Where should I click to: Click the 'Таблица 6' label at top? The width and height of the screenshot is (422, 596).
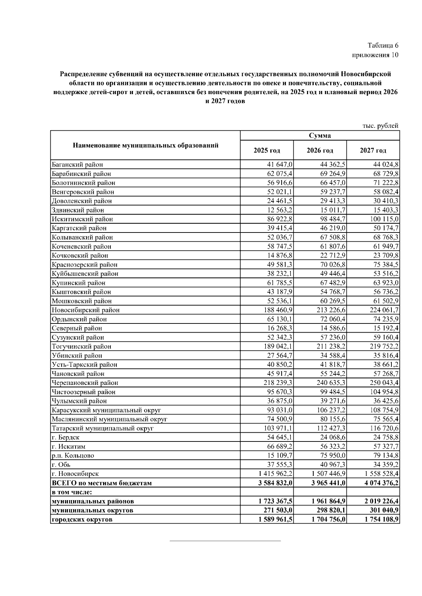tap(383, 46)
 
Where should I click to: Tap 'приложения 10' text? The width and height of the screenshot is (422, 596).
tap(375, 55)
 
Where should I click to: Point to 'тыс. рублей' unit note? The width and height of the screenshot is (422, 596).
tap(380, 126)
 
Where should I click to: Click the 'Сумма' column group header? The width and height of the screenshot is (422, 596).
tap(320, 136)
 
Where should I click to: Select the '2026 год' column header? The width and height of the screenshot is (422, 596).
tap(320, 151)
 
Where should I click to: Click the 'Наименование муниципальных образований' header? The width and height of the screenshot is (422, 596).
tap(145, 145)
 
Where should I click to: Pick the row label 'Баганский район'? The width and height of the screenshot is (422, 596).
tap(77, 164)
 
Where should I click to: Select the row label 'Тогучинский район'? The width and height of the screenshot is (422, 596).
tap(81, 347)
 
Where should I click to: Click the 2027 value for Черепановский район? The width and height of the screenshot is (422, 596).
tap(383, 383)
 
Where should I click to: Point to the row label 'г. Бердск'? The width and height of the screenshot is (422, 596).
tap(65, 438)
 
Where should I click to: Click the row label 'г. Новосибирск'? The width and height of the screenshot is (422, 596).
tap(75, 474)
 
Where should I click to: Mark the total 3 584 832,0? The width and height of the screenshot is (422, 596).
tap(275, 483)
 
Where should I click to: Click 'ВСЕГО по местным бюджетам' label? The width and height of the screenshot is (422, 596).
tap(102, 483)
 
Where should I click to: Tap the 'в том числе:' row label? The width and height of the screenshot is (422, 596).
tap(72, 492)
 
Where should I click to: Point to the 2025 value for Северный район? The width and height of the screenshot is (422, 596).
tap(280, 328)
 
